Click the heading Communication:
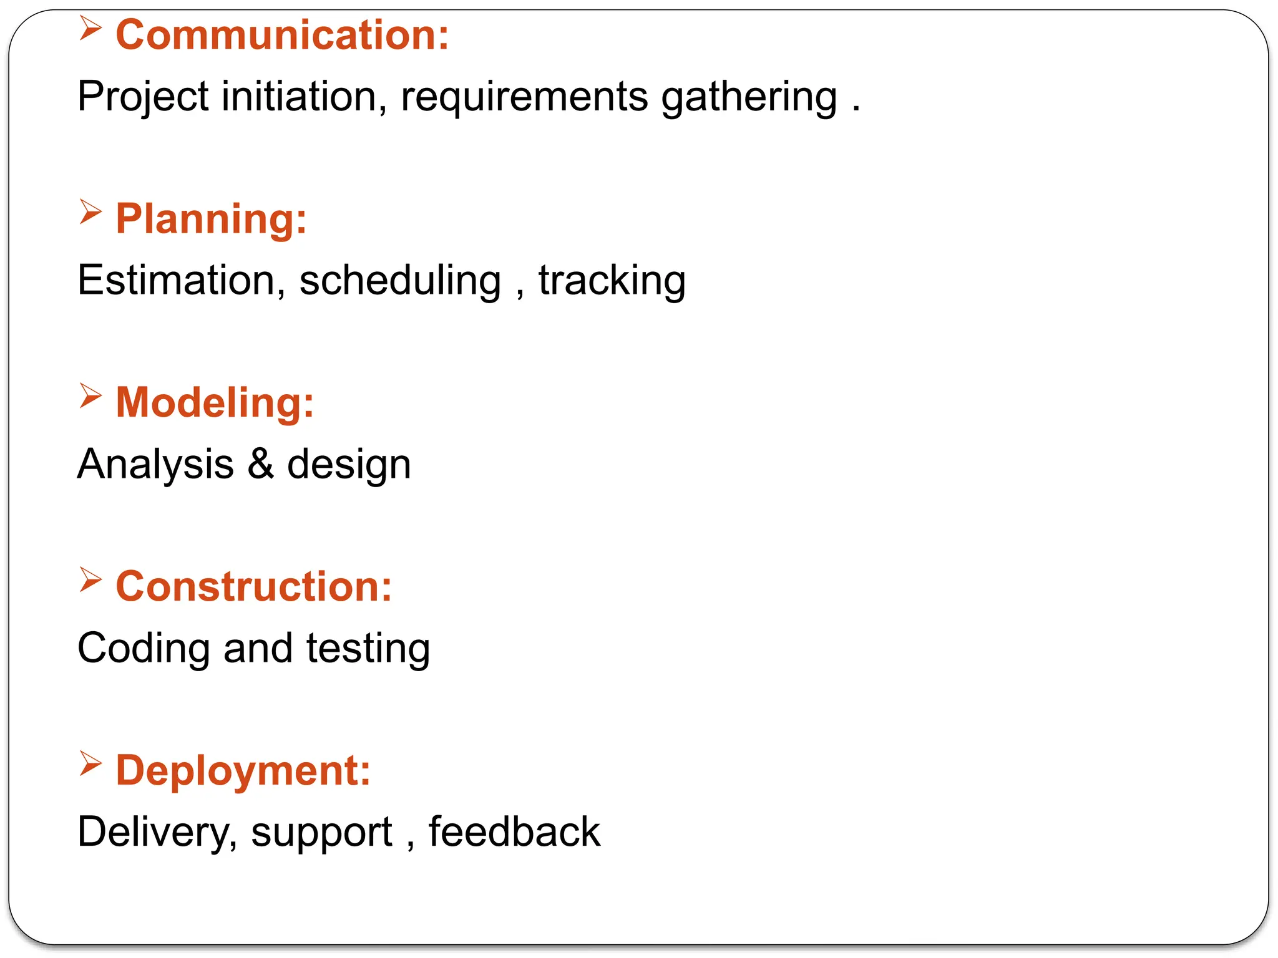click(282, 35)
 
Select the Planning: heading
click(211, 219)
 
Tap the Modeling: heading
click(215, 403)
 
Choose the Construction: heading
click(254, 587)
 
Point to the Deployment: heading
click(243, 771)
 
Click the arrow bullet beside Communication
click(90, 29)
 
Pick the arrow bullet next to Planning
click(90, 212)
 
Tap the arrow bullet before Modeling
click(90, 396)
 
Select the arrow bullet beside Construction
click(90, 580)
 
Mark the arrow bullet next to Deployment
click(90, 764)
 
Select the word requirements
click(524, 97)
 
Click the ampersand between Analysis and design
click(261, 464)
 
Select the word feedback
click(514, 832)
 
